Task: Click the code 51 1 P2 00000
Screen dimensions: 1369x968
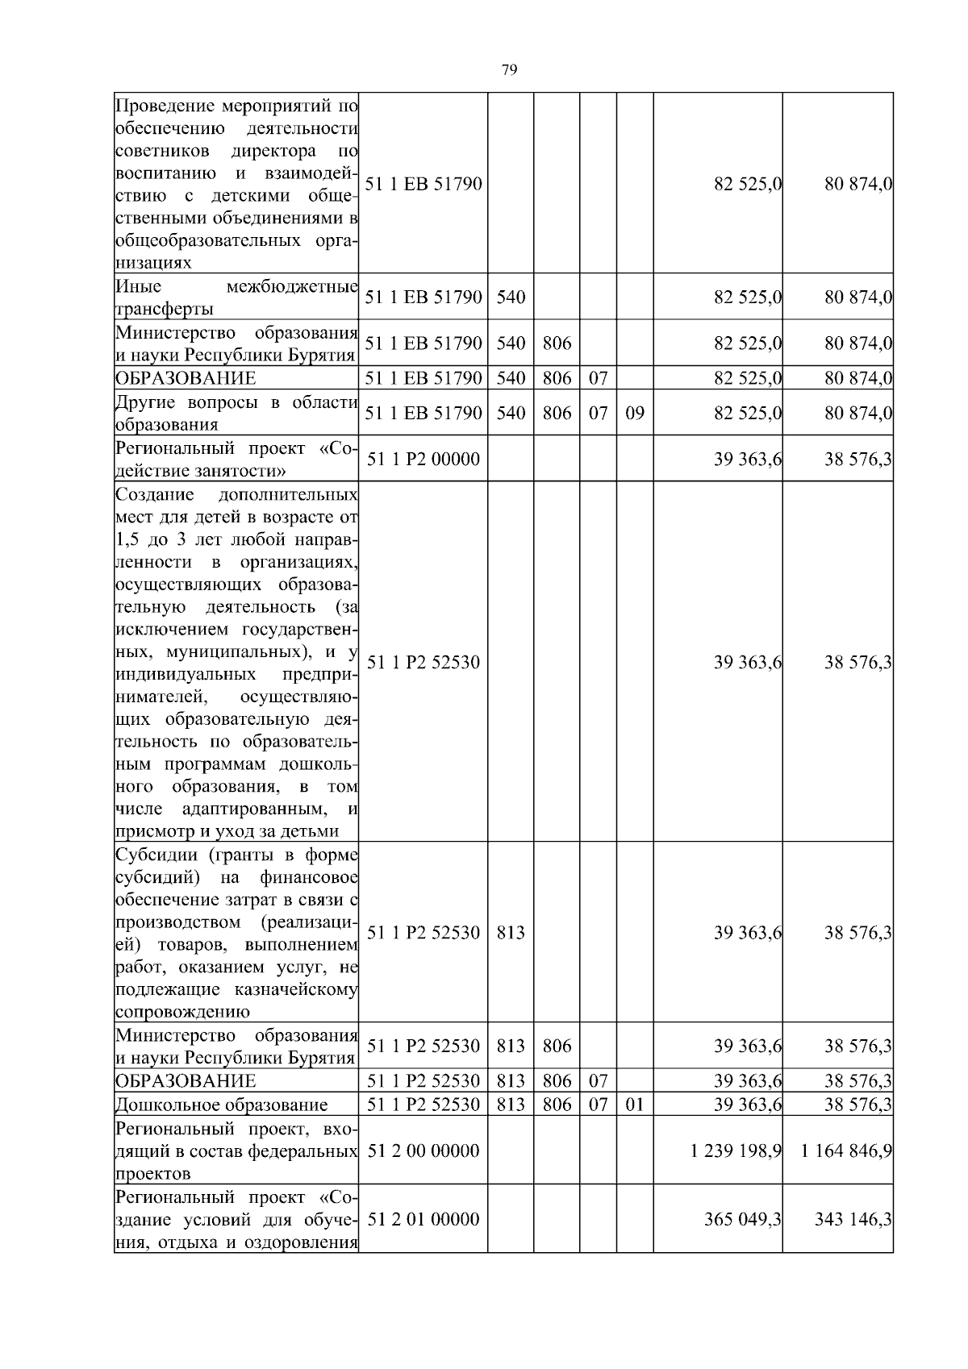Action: [x=423, y=460]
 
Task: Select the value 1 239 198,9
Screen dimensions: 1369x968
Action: [x=736, y=1151]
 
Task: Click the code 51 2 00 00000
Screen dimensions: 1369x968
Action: [x=423, y=1151]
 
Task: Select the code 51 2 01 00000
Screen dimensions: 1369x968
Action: [x=423, y=1219]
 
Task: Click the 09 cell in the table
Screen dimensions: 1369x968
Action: [x=635, y=414]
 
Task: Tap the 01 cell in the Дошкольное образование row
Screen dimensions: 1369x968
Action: [x=635, y=1105]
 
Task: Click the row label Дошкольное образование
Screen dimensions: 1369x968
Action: [x=222, y=1105]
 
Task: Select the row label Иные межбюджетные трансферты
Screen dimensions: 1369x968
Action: [x=236, y=298]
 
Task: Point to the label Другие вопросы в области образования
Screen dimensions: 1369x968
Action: [x=236, y=414]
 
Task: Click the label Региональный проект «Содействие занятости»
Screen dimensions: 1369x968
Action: [x=236, y=460]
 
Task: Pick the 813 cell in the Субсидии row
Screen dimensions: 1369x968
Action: [x=511, y=933]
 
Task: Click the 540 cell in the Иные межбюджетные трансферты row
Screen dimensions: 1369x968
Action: [x=511, y=298]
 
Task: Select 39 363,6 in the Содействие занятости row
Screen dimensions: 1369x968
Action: [x=748, y=460]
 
